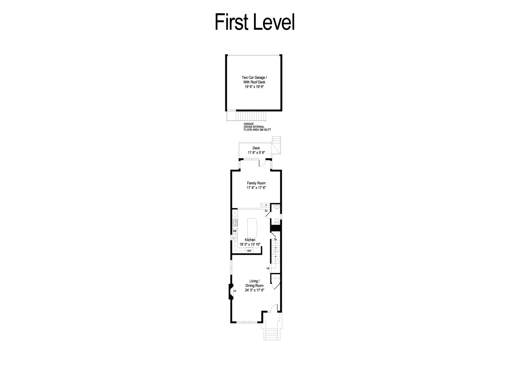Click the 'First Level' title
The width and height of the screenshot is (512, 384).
tap(255, 22)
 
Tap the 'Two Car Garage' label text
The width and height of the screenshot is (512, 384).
tap(253, 77)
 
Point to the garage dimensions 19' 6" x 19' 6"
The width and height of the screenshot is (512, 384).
tap(254, 87)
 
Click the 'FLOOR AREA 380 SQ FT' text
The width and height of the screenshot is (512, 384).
tap(257, 130)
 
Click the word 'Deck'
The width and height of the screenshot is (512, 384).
tap(256, 148)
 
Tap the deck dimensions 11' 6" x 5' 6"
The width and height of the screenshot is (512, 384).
tap(256, 153)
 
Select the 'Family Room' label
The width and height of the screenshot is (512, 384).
tap(256, 183)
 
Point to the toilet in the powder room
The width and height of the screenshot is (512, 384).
tap(277, 221)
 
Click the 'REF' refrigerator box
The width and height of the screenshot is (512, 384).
tap(249, 251)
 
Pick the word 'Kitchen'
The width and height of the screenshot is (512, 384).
tap(250, 240)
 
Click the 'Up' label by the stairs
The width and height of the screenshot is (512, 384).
tap(268, 268)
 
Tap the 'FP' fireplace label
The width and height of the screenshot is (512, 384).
tap(235, 291)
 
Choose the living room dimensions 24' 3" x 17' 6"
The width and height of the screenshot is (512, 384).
tap(254, 290)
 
